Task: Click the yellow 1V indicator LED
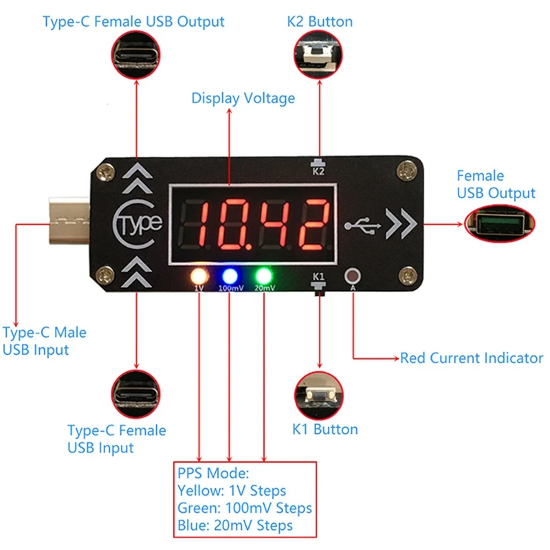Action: pos(199,276)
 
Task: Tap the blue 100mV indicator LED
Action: pos(230,276)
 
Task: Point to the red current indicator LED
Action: pos(353,276)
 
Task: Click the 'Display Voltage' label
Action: pos(243,98)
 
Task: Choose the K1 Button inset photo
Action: pos(318,394)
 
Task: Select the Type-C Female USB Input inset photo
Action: pos(137,394)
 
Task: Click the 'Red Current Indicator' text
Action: pos(472,358)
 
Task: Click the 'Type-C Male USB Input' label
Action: pos(44,341)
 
